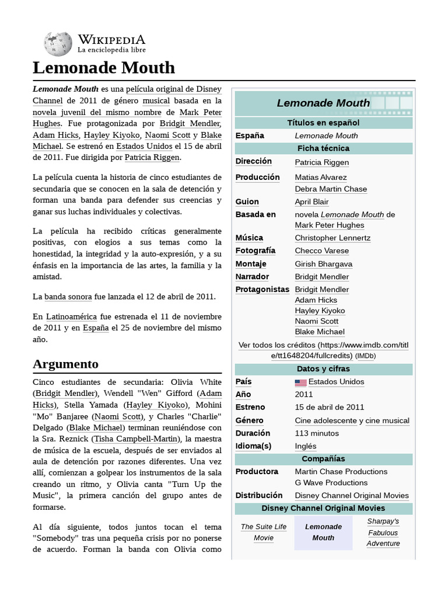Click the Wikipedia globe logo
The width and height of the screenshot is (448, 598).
[57, 44]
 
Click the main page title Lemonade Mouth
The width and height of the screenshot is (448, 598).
[104, 68]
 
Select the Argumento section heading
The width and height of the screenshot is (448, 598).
[65, 364]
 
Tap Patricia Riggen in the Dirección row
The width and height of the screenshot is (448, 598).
[322, 162]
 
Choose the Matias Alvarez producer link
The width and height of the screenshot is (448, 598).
[321, 177]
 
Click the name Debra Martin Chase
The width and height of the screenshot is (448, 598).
[331, 189]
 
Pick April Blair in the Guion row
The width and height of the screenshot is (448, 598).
[311, 201]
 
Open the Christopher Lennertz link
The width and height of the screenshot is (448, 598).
[332, 238]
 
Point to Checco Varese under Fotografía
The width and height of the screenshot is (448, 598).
[322, 251]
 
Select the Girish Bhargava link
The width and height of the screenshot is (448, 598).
[323, 264]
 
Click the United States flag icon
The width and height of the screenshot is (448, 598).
[300, 383]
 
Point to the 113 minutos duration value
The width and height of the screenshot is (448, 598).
[317, 433]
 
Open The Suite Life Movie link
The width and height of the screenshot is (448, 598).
[264, 532]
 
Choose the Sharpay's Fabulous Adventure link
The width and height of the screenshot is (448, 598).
[383, 532]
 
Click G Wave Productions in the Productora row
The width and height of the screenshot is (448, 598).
[331, 482]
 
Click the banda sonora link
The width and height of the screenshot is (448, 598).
[68, 297]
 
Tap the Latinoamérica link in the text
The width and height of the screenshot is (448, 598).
[72, 316]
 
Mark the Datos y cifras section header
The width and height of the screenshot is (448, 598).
[323, 369]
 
